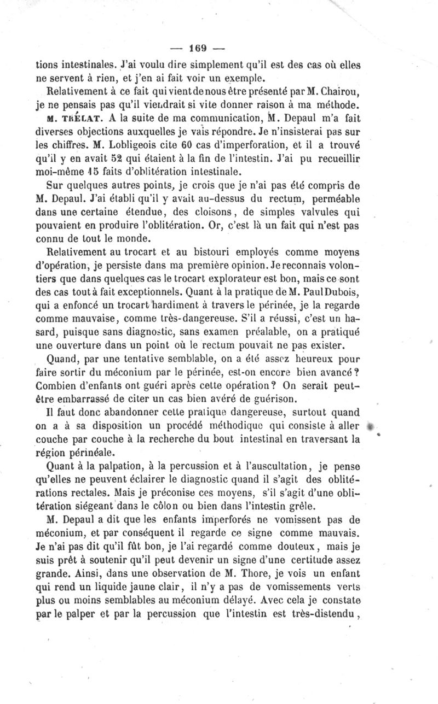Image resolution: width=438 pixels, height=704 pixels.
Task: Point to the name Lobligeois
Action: point(134,145)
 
